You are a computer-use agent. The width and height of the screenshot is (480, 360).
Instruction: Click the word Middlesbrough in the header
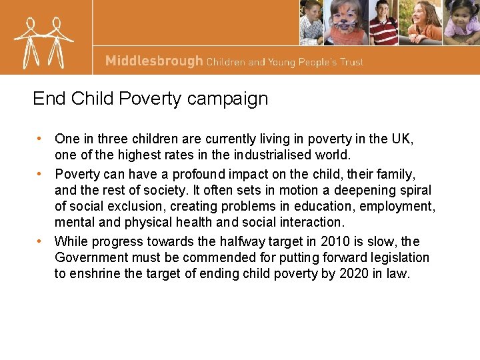154,61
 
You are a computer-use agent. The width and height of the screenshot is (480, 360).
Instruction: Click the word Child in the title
94,99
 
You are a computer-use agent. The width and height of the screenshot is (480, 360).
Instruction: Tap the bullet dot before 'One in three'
41,139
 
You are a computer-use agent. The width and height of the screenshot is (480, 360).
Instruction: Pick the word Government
90,258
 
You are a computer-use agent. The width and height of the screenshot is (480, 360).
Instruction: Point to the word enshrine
93,273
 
